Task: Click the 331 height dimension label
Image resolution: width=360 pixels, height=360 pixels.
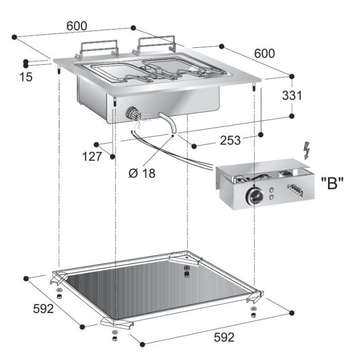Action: click(292, 96)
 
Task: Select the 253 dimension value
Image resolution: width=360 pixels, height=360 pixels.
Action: click(230, 140)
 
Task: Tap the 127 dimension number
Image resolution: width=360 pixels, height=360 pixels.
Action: click(92, 157)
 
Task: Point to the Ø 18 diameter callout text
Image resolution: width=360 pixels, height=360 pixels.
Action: click(141, 173)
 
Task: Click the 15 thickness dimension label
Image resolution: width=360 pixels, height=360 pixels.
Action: click(26, 77)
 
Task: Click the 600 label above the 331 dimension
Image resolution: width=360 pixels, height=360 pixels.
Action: click(264, 53)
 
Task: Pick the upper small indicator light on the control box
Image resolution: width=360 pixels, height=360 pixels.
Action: click(272, 190)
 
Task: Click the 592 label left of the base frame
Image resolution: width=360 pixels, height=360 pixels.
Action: click(44, 309)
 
